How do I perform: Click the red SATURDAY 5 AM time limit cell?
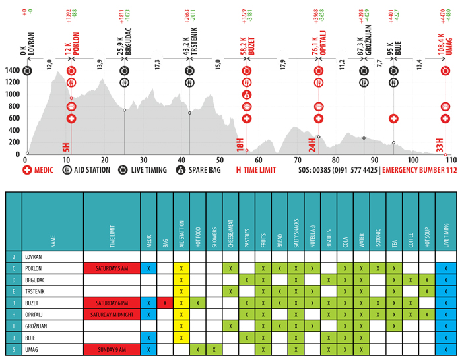pos(112,268)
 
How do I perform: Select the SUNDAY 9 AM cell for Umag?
pos(112,349)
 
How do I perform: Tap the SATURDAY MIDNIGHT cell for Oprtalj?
pos(112,314)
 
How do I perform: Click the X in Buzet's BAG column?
pos(164,303)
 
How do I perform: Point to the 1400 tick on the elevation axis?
pos(11,70)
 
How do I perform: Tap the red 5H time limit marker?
pos(67,146)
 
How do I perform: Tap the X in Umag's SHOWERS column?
pos(214,349)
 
